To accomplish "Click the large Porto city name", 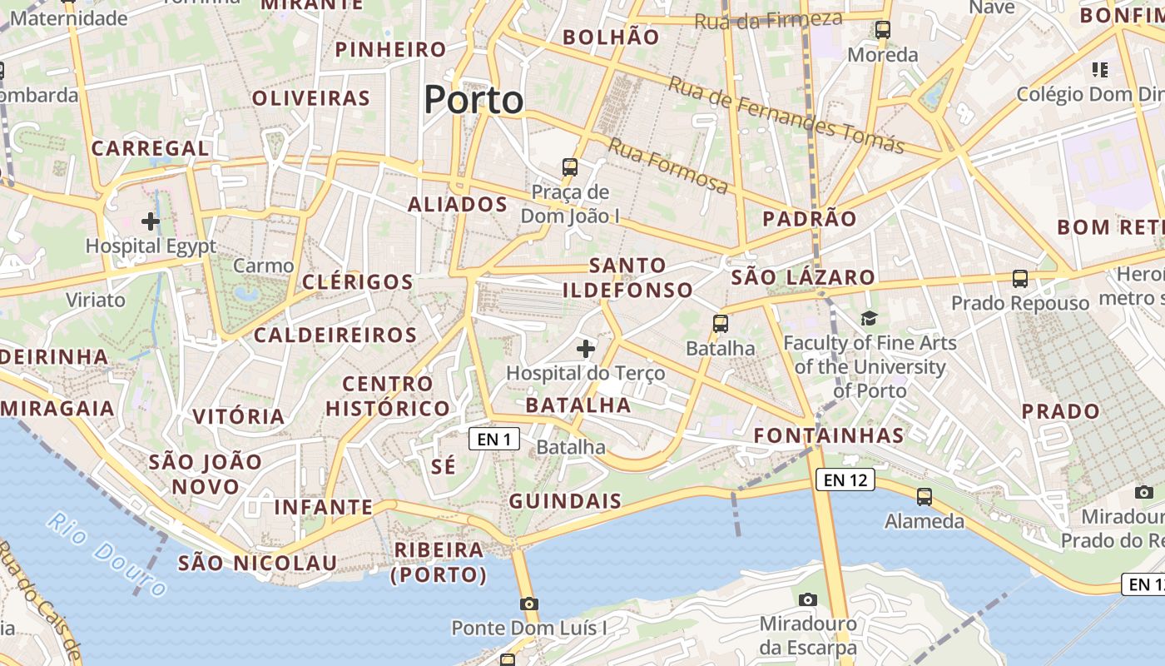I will coord(473,100).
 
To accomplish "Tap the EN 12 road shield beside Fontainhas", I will coord(846,480).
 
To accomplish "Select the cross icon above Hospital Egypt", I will coord(151,221).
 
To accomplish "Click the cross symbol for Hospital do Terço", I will coord(586,348).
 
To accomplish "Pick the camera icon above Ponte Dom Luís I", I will coord(528,604).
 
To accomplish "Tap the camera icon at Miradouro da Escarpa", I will coord(807,599).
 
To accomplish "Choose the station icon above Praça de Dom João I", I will coord(570,166).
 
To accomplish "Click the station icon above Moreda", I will coord(883,30).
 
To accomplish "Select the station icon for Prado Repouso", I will coord(1020,279).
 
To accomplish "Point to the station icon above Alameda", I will coord(925,497).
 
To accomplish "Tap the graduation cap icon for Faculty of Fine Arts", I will coord(870,318).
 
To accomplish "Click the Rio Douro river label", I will coord(107,555).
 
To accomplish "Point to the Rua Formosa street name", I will coord(668,165).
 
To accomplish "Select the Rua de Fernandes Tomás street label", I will coord(786,116).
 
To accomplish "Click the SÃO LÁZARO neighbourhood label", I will coord(803,277).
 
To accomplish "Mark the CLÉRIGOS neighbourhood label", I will coord(358,281).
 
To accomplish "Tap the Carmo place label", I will coord(264,266).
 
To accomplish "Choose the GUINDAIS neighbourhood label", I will coord(565,501).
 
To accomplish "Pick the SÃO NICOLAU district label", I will coord(258,563).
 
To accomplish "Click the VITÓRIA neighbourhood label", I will coord(239,416).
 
